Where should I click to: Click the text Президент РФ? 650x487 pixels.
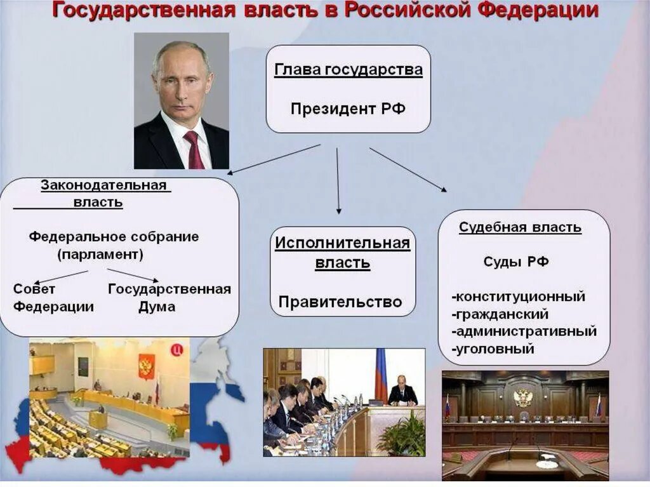pyautogui.click(x=348, y=109)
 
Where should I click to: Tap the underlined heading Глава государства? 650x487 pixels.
pyautogui.click(x=348, y=70)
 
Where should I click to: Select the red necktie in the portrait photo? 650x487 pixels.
pyautogui.click(x=194, y=149)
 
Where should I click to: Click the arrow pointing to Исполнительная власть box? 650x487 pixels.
pyautogui.click(x=338, y=181)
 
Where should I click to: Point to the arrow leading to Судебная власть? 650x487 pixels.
pyautogui.click(x=408, y=169)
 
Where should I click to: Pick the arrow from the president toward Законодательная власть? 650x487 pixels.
pyautogui.click(x=274, y=159)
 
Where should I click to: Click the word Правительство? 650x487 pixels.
pyautogui.click(x=340, y=302)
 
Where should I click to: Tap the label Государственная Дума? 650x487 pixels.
pyautogui.click(x=169, y=298)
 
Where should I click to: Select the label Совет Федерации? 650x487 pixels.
pyautogui.click(x=53, y=298)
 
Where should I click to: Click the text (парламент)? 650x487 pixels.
pyautogui.click(x=100, y=255)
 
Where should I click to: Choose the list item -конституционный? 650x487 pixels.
pyautogui.click(x=518, y=297)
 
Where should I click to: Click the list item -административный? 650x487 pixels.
pyautogui.click(x=524, y=331)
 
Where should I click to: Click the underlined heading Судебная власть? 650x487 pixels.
pyautogui.click(x=520, y=227)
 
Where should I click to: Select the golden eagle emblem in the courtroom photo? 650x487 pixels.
pyautogui.click(x=522, y=398)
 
